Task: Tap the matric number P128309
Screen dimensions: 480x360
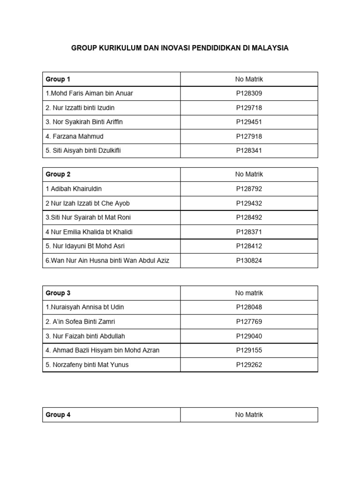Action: tap(249, 93)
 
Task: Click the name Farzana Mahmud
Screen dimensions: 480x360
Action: tap(75, 136)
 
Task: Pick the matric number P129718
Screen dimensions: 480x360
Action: tap(249, 108)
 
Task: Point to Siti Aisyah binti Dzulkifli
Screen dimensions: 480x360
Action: tap(86, 151)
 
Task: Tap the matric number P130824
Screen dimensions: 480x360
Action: tap(249, 261)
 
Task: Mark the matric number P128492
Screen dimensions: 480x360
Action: tap(249, 217)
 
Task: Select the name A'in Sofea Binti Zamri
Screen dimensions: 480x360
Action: tap(80, 322)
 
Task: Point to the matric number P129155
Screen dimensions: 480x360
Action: tap(249, 350)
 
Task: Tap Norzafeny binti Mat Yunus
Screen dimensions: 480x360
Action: tap(87, 365)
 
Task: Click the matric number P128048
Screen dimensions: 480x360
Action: tap(249, 307)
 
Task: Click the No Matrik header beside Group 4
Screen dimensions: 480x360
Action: tap(249, 415)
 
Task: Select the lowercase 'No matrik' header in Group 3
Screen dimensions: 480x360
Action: tap(249, 293)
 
